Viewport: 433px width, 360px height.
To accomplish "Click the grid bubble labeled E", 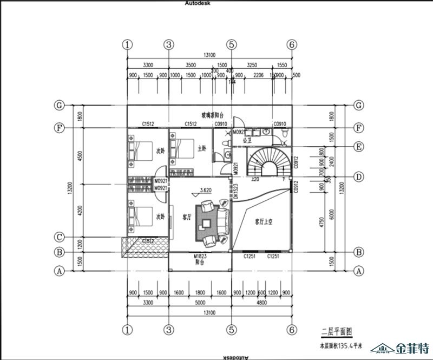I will click(x=358, y=146).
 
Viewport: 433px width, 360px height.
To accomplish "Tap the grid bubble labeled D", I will click(x=358, y=176).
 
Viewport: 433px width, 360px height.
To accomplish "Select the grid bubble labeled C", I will click(x=60, y=237).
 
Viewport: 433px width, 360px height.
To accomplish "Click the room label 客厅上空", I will click(x=264, y=221).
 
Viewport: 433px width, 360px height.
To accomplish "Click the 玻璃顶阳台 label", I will click(x=213, y=115).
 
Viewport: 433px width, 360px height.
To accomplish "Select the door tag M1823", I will click(x=200, y=256).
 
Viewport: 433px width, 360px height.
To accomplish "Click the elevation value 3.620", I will click(x=205, y=190).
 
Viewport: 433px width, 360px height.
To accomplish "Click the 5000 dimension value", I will click(x=200, y=302).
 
